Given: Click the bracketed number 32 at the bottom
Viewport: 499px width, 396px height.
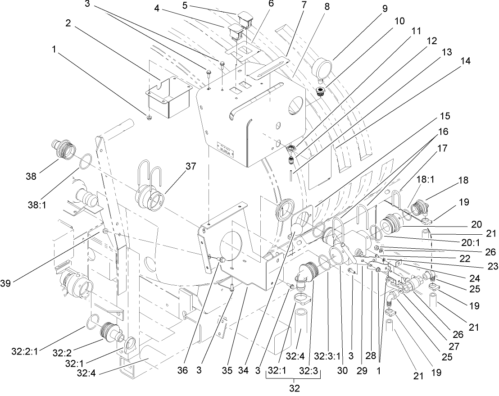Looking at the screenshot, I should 293,387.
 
